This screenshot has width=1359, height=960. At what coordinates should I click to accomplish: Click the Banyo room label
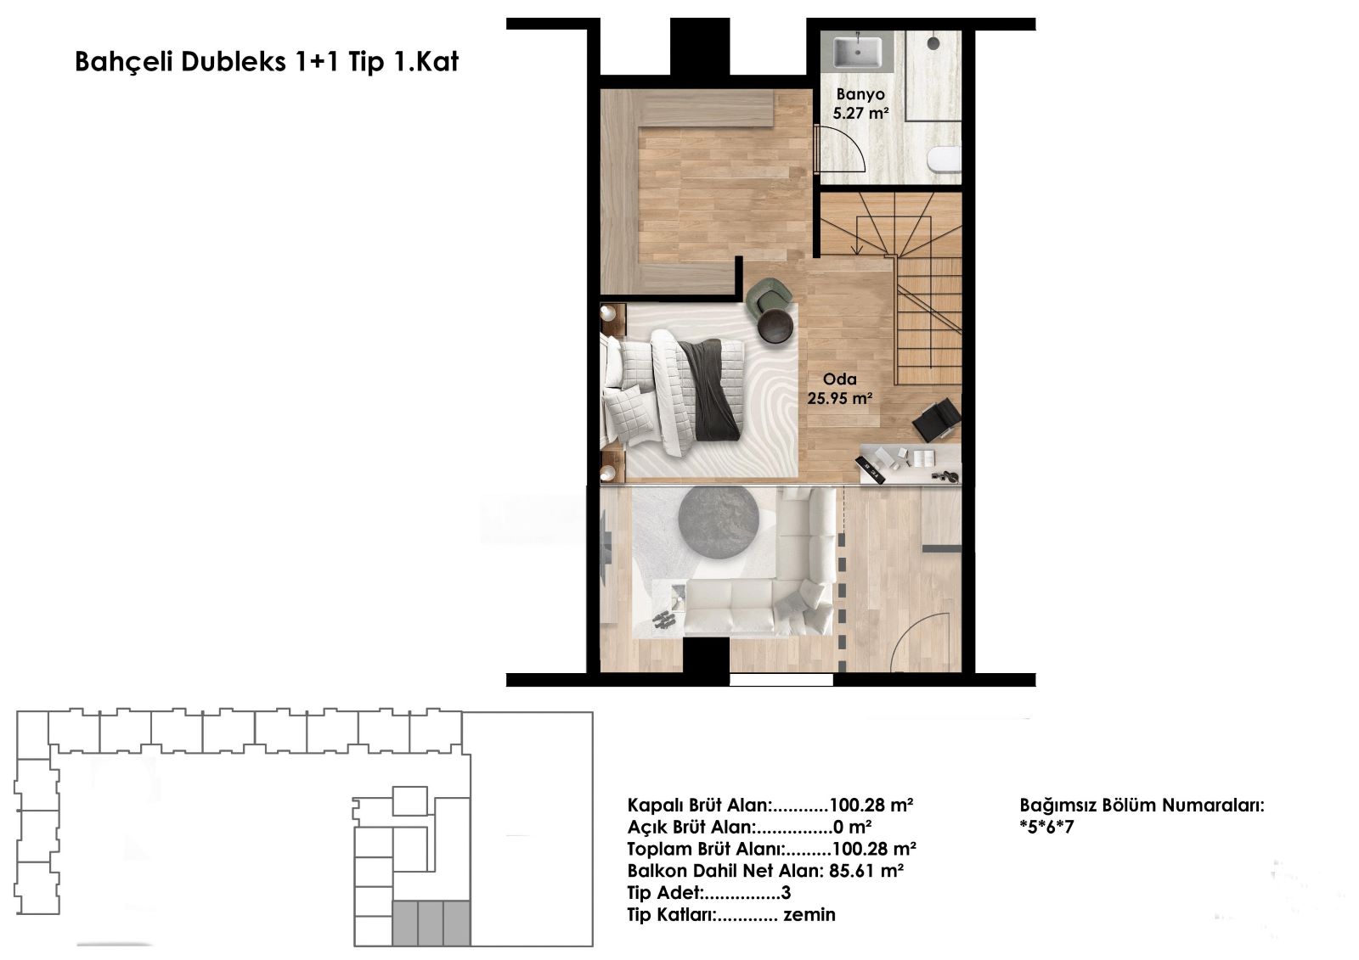pyautogui.click(x=860, y=94)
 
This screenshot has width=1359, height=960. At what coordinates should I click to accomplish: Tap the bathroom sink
pyautogui.click(x=857, y=52)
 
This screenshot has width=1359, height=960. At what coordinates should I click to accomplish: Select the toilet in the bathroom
pyautogui.click(x=944, y=160)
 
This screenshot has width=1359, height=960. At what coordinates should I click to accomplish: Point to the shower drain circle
pyautogui.click(x=933, y=43)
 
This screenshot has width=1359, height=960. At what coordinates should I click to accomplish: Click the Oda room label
pyautogui.click(x=840, y=379)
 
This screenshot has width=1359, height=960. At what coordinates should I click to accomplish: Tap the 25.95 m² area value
pyautogui.click(x=840, y=398)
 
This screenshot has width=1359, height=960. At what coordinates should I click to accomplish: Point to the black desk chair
pyautogui.click(x=937, y=419)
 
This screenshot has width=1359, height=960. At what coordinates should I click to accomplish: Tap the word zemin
pyautogui.click(x=809, y=914)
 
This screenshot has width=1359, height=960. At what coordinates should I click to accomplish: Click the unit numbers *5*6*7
pyautogui.click(x=1046, y=828)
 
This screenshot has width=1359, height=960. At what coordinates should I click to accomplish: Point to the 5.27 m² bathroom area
pyautogui.click(x=861, y=113)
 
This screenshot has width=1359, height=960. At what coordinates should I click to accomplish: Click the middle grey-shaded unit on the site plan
pyautogui.click(x=431, y=923)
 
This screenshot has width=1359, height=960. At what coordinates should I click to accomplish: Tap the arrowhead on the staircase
pyautogui.click(x=857, y=250)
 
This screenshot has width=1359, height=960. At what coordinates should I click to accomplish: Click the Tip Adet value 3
pyautogui.click(x=787, y=893)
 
